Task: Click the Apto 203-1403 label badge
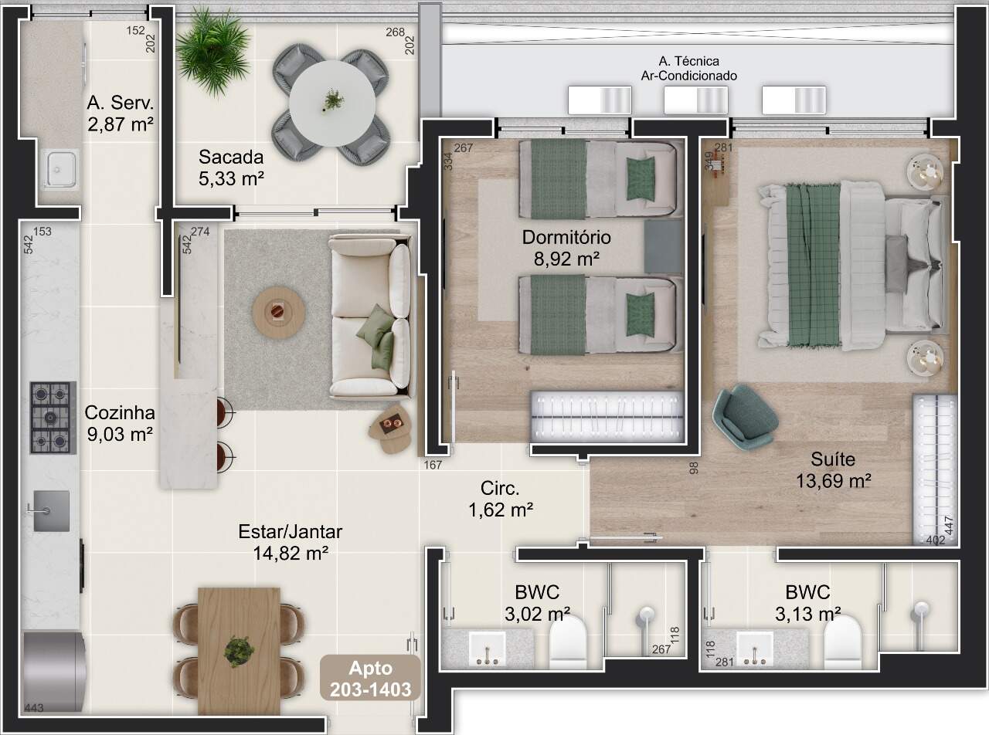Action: click(x=371, y=678)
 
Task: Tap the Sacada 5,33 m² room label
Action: click(x=231, y=168)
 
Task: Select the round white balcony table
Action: click(x=332, y=104)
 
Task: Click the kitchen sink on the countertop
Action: click(x=51, y=511)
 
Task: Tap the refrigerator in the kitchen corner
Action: click(x=53, y=671)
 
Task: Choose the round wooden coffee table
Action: click(x=279, y=312)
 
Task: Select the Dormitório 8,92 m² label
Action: click(x=566, y=248)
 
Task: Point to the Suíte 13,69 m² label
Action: click(x=834, y=470)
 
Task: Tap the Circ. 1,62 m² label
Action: click(x=501, y=500)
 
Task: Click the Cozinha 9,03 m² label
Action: click(x=120, y=423)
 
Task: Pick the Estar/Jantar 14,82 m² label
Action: click(x=291, y=543)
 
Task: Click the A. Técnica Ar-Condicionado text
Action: click(x=689, y=68)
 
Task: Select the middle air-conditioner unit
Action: click(x=695, y=100)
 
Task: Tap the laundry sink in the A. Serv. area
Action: click(x=59, y=169)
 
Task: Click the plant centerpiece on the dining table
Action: click(x=240, y=652)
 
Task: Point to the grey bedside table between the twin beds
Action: click(x=663, y=246)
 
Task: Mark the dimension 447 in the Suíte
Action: click(x=948, y=526)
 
